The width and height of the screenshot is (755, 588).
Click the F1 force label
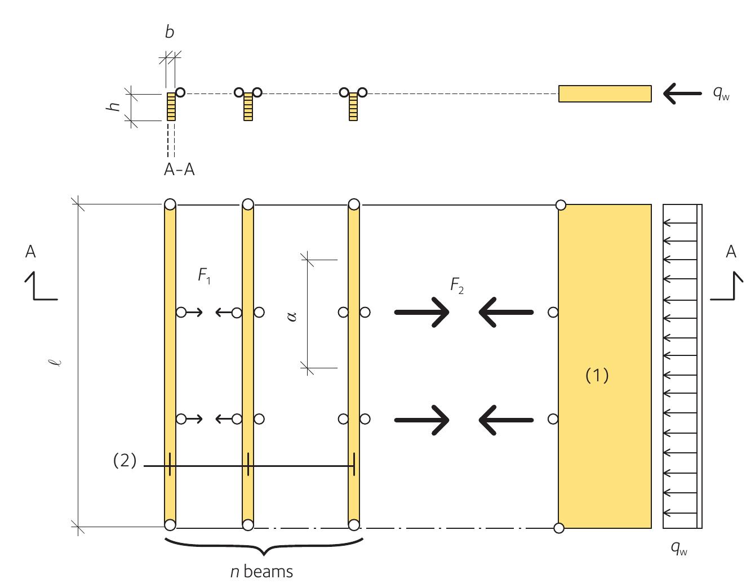[x=204, y=276]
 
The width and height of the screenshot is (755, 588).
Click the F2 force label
[x=457, y=287]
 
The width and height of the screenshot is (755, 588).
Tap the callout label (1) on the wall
[x=597, y=375]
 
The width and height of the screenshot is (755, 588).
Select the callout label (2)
[x=125, y=461]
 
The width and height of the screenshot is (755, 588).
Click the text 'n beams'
[x=262, y=572]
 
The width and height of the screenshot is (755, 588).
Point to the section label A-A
[x=179, y=170]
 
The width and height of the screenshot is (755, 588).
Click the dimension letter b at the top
[x=170, y=33]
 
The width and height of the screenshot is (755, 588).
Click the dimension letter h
[x=115, y=106]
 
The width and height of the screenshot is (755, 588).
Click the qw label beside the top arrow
[x=721, y=94]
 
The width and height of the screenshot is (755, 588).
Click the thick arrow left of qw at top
[x=682, y=93]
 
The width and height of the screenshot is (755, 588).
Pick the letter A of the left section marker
[x=30, y=252]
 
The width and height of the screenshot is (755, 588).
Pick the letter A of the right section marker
[x=731, y=252]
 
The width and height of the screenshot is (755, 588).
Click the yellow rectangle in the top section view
[x=605, y=93]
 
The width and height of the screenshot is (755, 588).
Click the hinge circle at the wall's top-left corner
[x=561, y=205]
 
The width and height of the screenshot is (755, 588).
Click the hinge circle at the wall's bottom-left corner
[x=558, y=528]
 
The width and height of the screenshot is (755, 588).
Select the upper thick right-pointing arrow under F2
[x=422, y=312]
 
